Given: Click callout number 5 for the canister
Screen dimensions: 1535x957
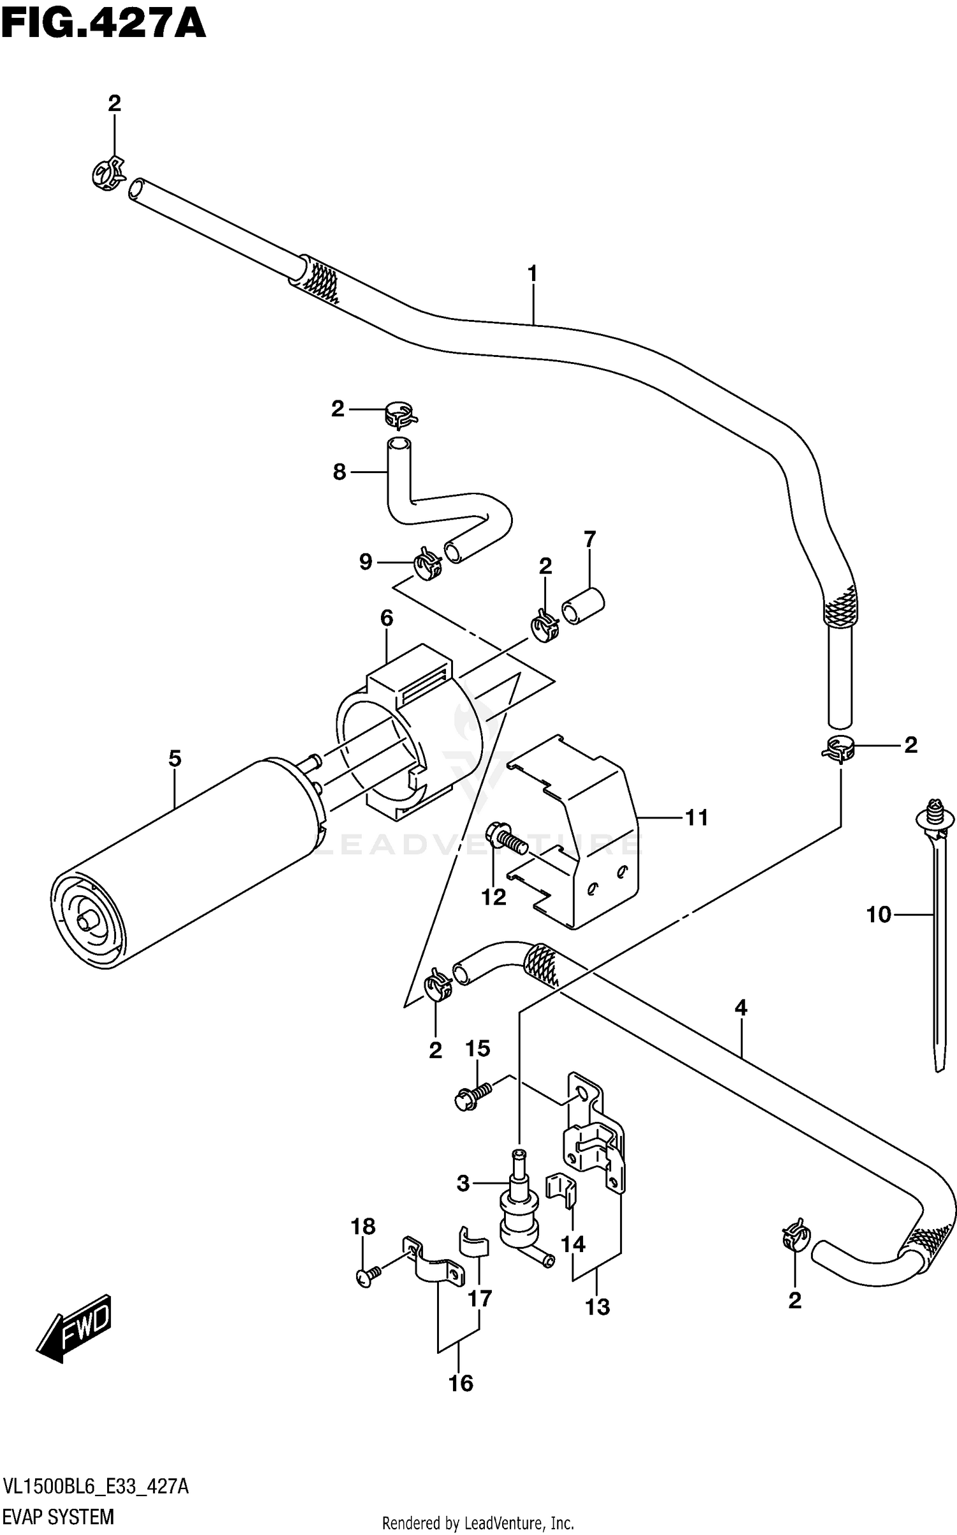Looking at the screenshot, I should (175, 759).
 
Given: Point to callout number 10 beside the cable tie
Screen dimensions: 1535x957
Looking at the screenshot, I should (878, 915).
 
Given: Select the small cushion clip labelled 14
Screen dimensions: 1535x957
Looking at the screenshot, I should (561, 1189).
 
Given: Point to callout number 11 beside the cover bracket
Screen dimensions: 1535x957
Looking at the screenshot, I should (696, 817).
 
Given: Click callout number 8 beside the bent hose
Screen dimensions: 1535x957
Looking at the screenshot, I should (339, 472).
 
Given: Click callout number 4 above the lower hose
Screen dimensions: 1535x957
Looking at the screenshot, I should (740, 1008).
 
